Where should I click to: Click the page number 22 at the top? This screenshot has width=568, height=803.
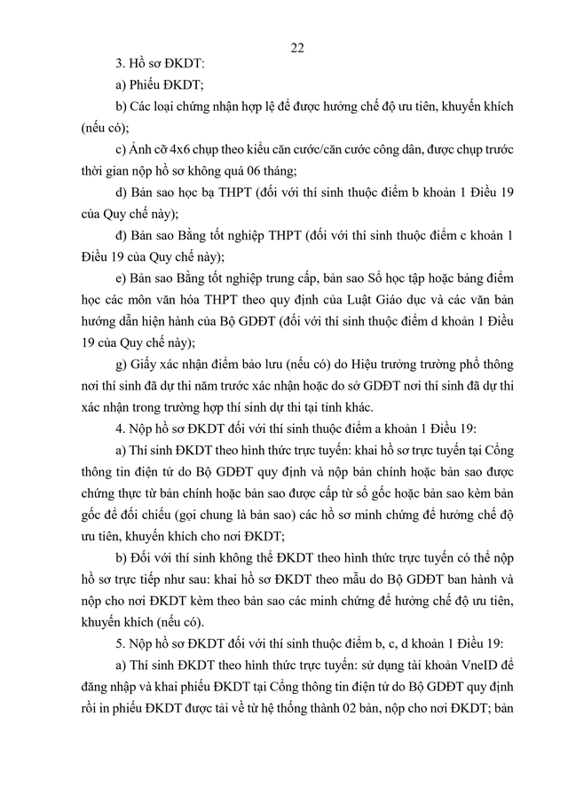click(x=297, y=47)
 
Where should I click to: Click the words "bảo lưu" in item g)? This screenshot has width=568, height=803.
click(x=257, y=365)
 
